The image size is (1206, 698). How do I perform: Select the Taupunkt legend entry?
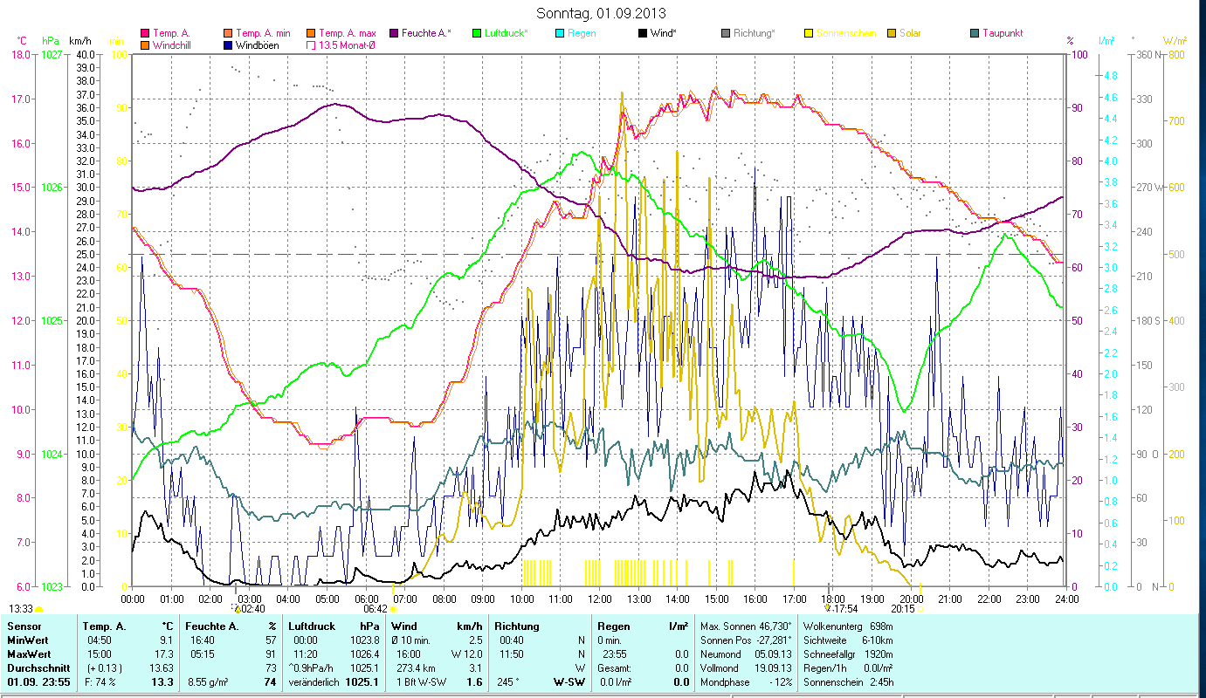click(1002, 33)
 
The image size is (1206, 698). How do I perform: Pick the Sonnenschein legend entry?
click(845, 33)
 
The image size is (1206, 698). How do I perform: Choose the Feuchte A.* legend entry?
click(426, 33)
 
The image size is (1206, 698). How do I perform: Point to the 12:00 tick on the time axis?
click(600, 599)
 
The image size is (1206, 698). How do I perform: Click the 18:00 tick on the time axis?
click(833, 599)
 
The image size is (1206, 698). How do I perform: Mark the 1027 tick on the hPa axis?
click(52, 54)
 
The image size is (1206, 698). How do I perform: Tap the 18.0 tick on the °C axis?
click(20, 54)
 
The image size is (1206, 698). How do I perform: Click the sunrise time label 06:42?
click(376, 609)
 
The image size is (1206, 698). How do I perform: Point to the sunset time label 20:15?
click(903, 609)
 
